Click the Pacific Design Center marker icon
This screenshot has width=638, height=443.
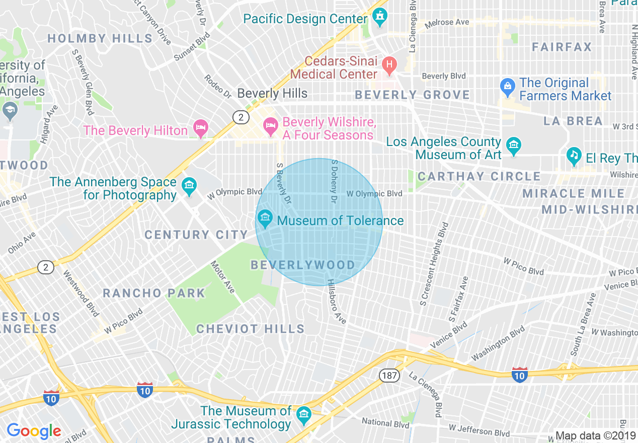coord(379,18)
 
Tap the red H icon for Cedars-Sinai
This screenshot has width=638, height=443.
coord(389,64)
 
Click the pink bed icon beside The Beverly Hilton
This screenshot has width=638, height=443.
coord(200,129)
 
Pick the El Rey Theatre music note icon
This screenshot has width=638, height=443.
coord(574,157)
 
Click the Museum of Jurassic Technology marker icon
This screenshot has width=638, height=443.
coord(303,415)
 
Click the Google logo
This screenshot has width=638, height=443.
coord(34,431)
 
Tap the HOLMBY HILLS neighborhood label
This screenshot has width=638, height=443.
coord(100,38)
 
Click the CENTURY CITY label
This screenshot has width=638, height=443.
coord(196,235)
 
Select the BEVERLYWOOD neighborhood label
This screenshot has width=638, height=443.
coord(303,265)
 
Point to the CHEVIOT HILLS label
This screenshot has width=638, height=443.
coord(250,329)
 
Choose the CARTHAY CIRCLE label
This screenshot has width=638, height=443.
coord(479,176)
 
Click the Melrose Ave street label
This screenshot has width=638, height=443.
coord(447,23)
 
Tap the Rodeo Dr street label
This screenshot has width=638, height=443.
coord(217,87)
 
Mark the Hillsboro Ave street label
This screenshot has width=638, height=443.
coord(337,302)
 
